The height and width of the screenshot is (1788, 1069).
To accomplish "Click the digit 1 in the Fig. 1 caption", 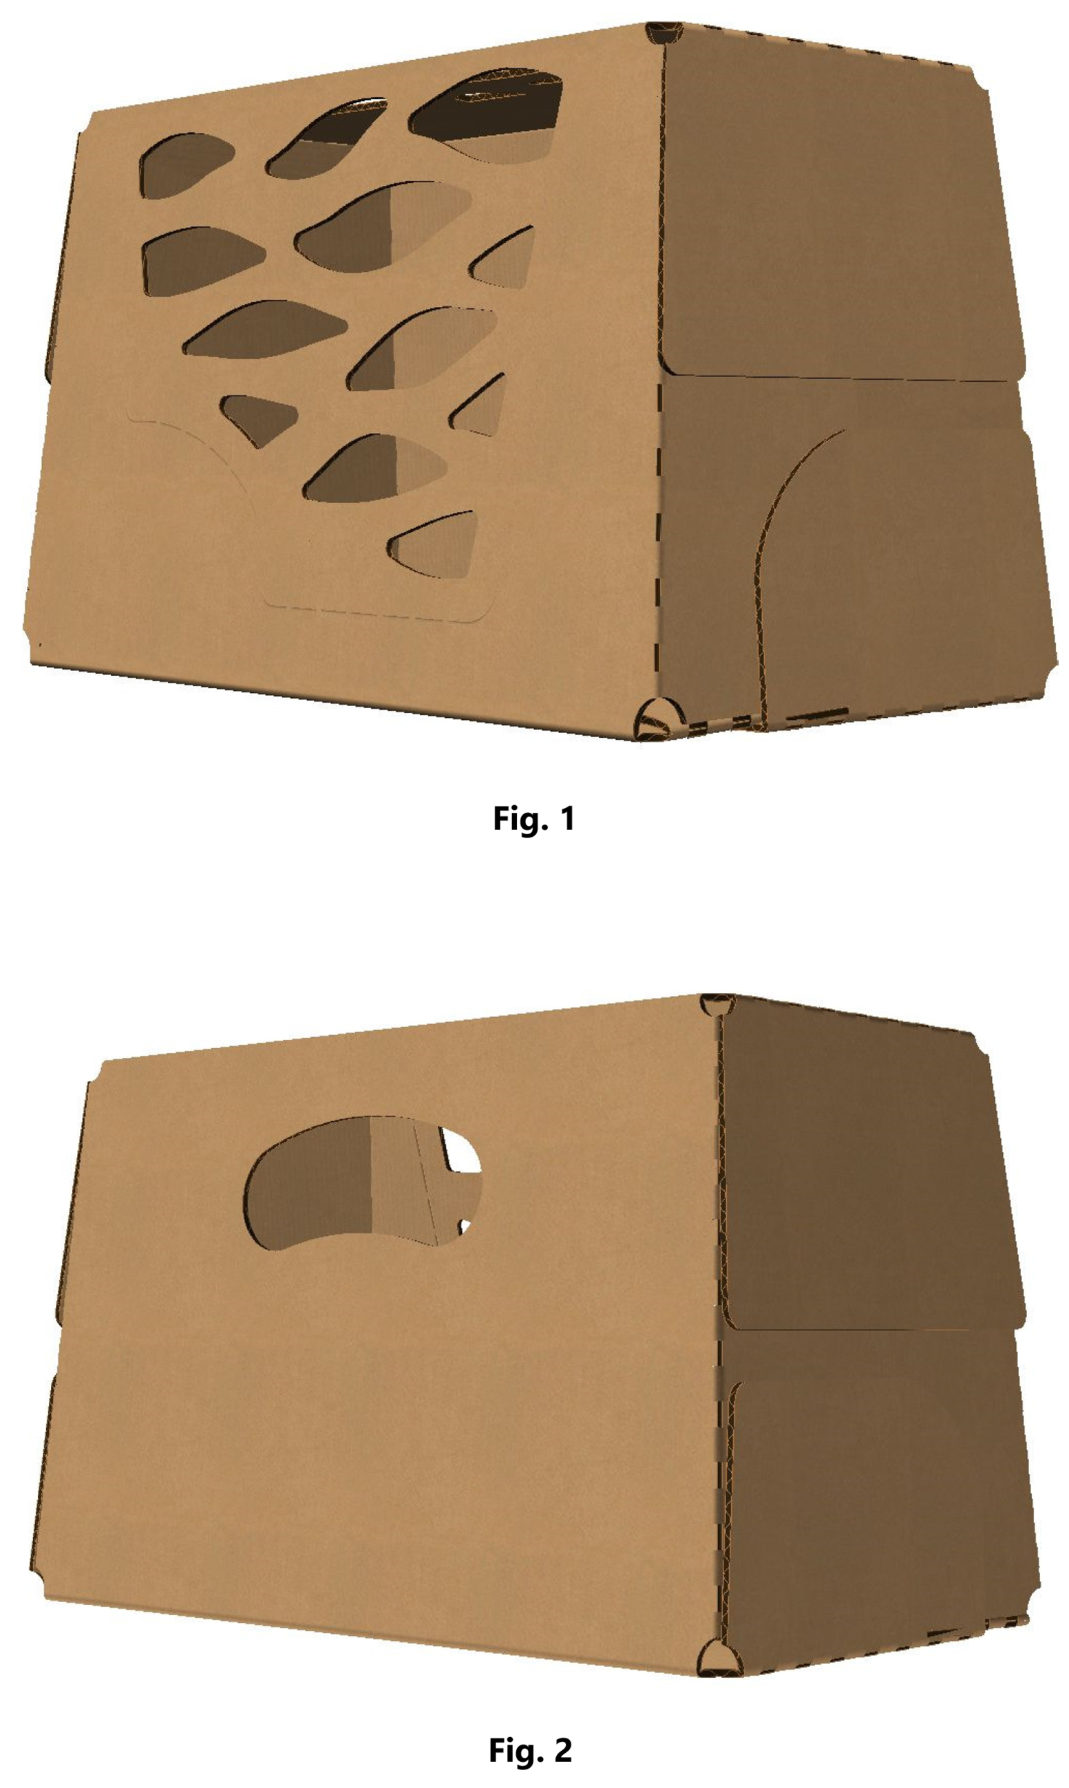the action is [x=568, y=818].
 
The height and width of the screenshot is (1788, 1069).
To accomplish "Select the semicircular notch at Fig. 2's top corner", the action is [x=717, y=1003].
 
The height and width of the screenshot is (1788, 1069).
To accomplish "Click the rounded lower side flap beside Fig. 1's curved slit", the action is [x=908, y=576].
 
